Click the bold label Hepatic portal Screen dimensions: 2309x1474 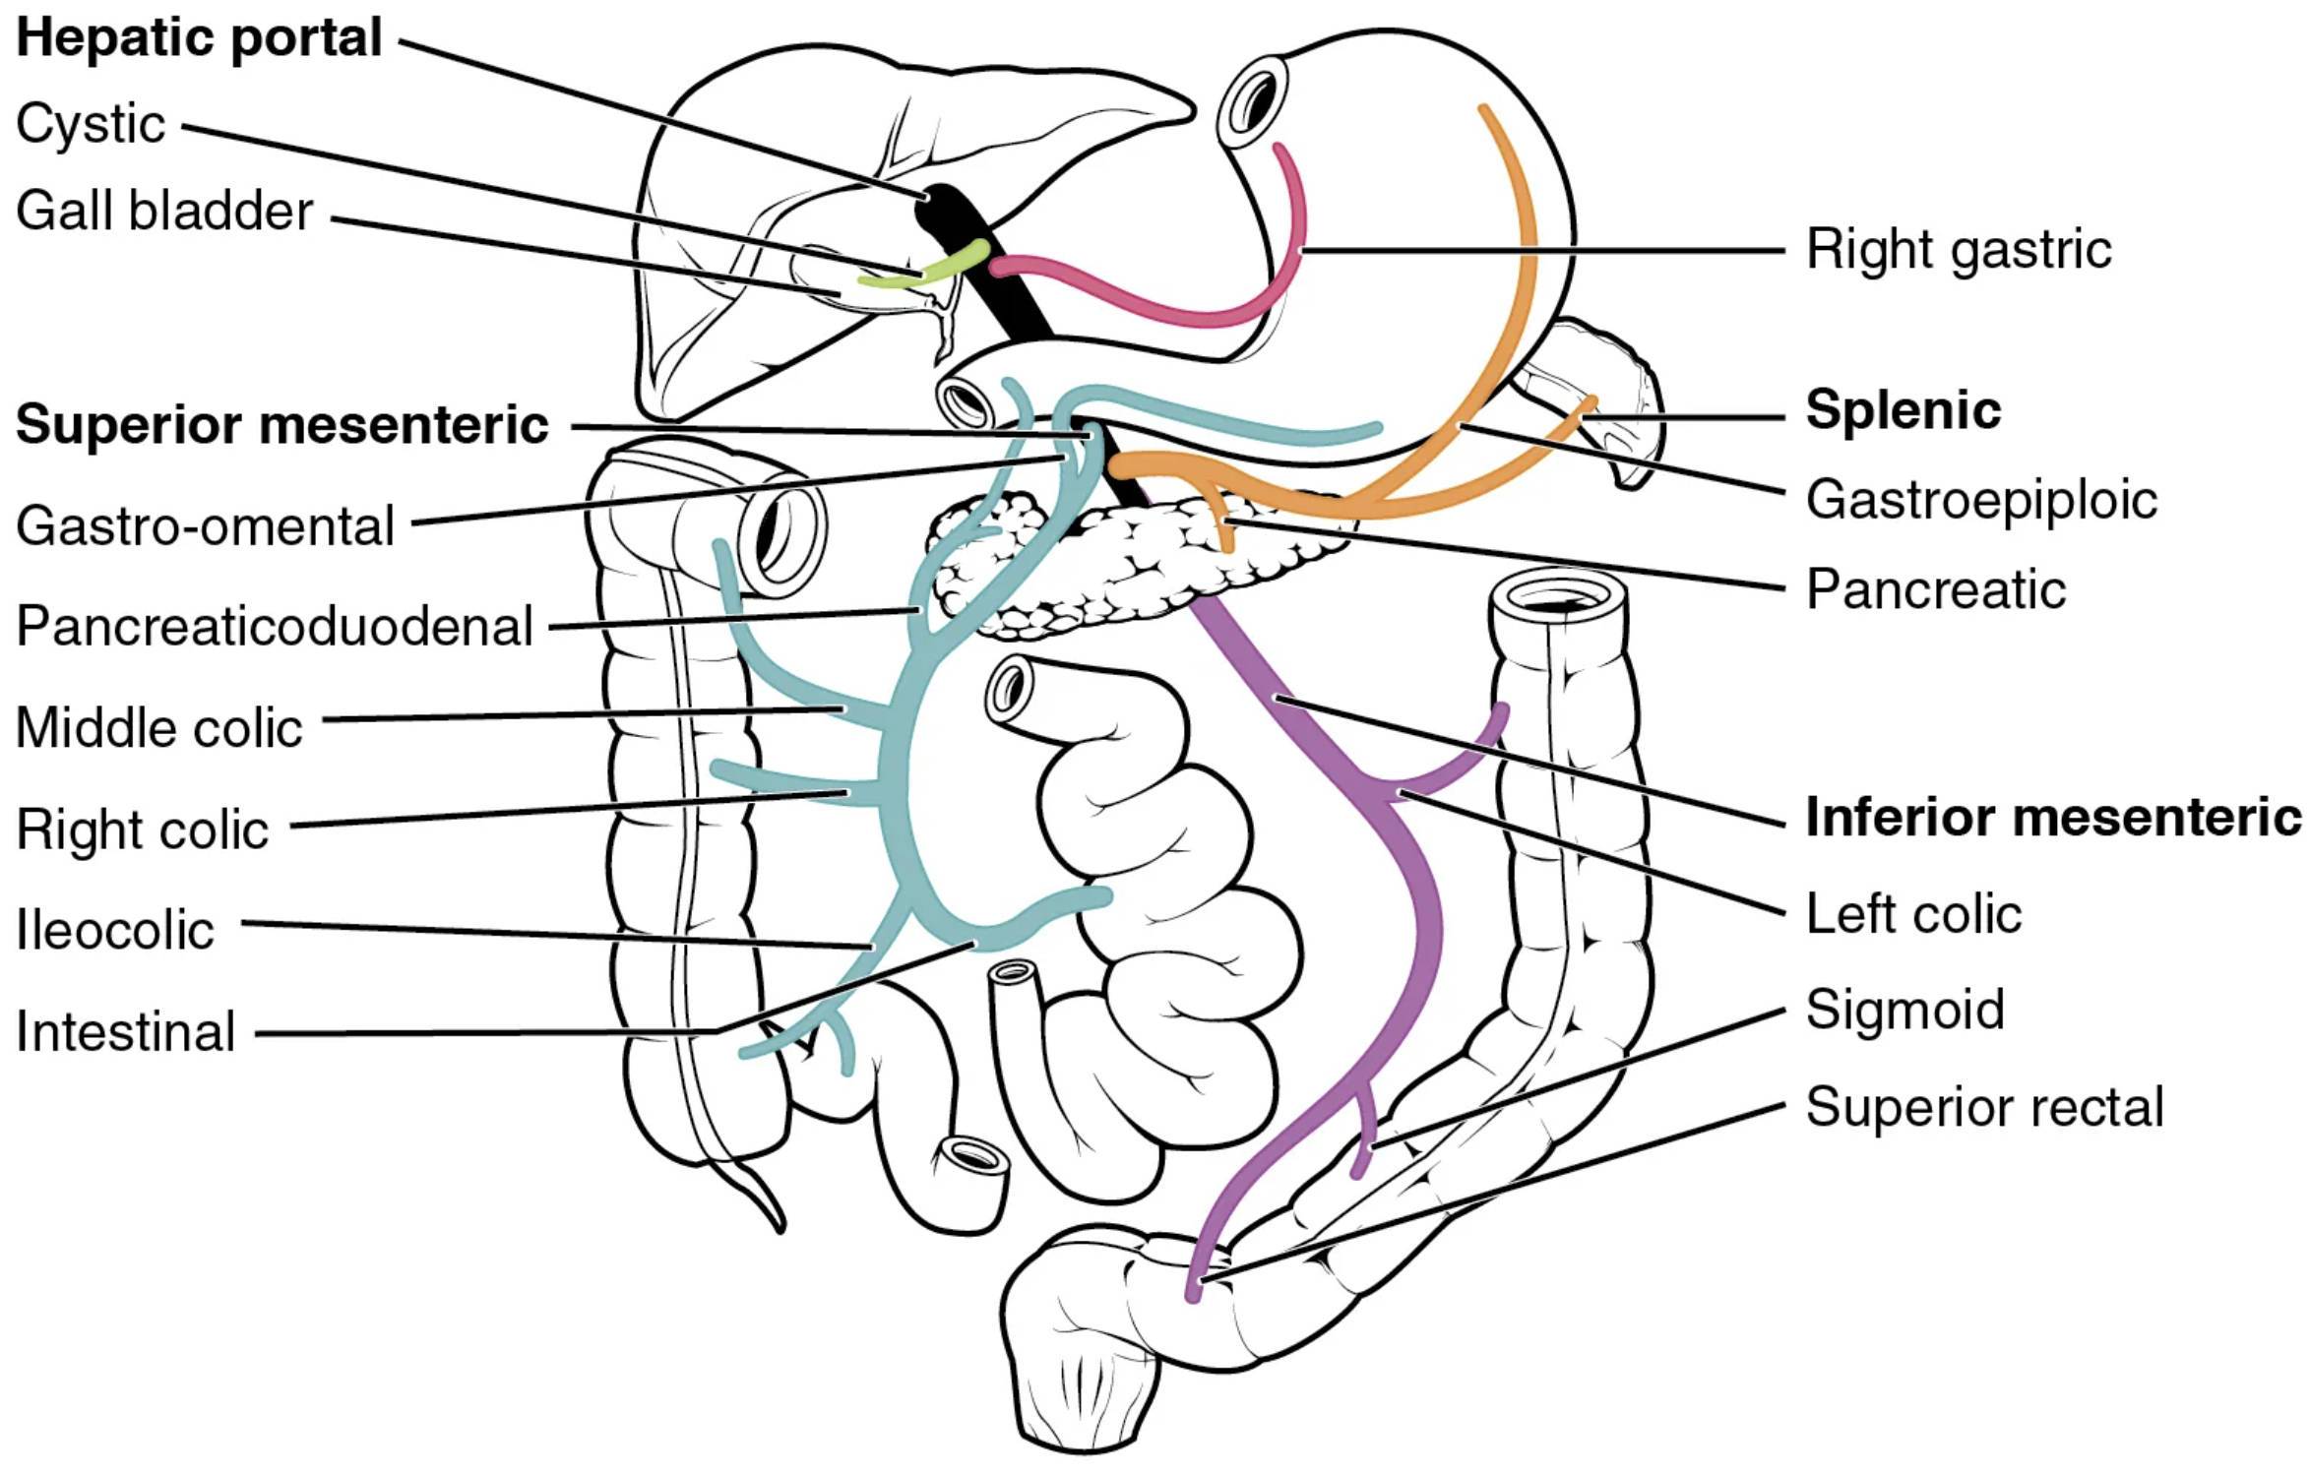[199, 39]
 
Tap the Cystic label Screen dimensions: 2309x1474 [91, 125]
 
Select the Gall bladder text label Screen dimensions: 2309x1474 [164, 211]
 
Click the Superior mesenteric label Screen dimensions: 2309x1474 [281, 425]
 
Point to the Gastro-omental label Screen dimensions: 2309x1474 [205, 525]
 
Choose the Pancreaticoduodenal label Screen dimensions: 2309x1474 [275, 627]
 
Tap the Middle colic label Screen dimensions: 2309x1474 [158, 728]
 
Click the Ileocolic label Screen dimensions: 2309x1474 [114, 930]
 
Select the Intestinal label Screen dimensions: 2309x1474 [125, 1032]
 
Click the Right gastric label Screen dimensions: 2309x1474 [1958, 250]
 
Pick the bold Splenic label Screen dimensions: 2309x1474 [1903, 411]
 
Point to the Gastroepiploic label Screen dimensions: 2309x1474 [1980, 501]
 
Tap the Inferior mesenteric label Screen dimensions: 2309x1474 [2053, 818]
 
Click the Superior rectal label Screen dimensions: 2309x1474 [1984, 1108]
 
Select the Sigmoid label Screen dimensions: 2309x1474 [1904, 1010]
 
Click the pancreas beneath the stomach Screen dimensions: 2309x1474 [1122, 561]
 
